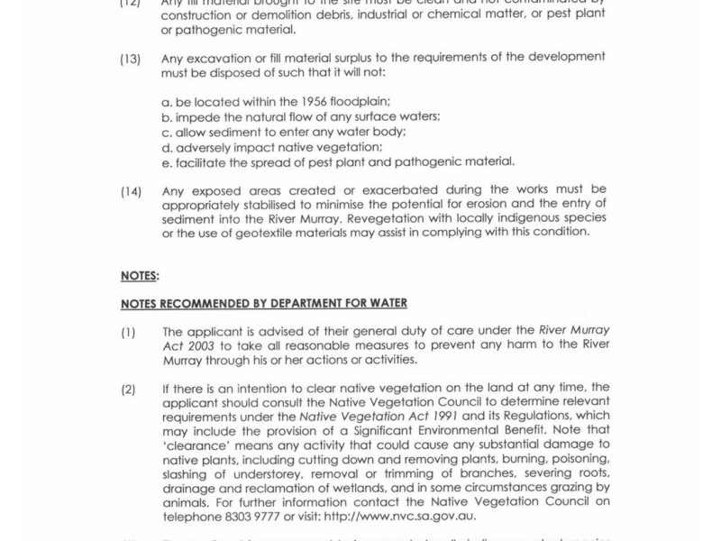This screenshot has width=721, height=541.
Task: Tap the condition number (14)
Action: [130, 190]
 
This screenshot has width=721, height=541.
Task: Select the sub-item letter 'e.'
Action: [167, 162]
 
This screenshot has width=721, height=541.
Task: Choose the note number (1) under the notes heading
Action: [128, 331]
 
